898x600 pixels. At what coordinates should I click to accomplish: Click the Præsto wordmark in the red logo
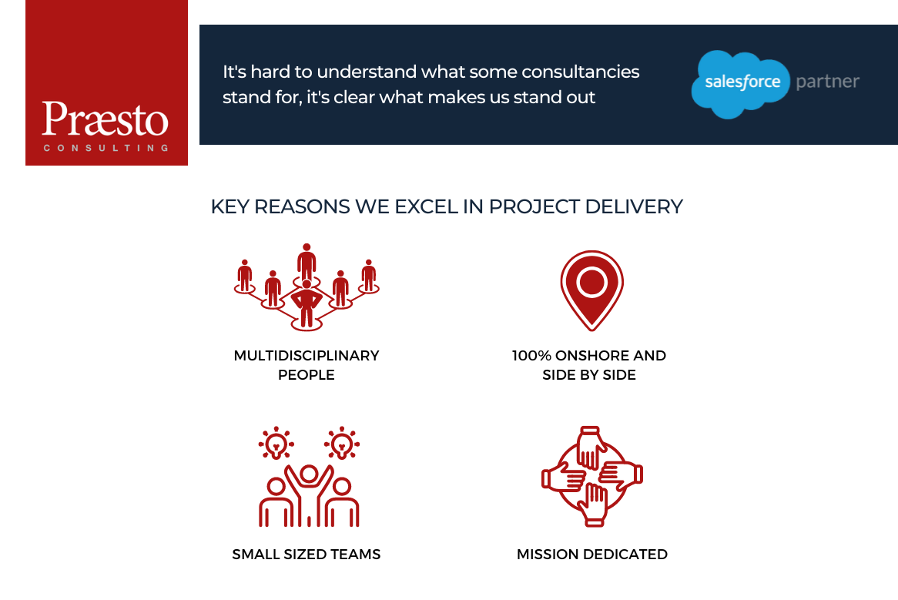(106, 119)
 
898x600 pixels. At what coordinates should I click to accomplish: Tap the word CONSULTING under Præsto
(106, 148)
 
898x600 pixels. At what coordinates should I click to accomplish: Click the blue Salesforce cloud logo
(741, 84)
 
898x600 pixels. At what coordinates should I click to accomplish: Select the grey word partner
(828, 82)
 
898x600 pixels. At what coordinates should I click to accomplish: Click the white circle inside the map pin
(591, 282)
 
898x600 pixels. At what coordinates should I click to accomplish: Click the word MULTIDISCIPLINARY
(307, 356)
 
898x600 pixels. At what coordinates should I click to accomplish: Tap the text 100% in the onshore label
(531, 356)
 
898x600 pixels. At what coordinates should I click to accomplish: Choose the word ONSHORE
(591, 356)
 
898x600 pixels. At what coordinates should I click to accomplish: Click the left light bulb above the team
(276, 443)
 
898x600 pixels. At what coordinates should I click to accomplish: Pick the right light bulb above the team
(342, 443)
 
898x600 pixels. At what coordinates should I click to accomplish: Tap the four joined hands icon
(592, 476)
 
